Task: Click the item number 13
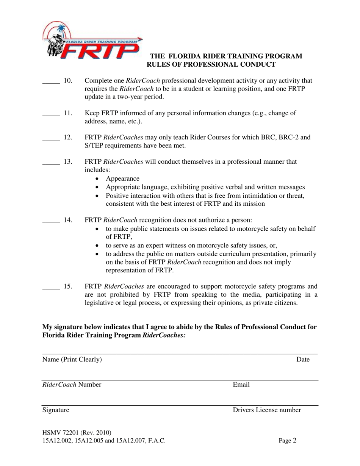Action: pyautogui.click(x=68, y=161)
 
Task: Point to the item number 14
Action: pyautogui.click(x=68, y=220)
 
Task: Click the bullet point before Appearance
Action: pyautogui.click(x=98, y=179)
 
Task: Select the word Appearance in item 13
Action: pyautogui.click(x=122, y=178)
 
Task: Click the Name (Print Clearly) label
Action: pyautogui.click(x=72, y=360)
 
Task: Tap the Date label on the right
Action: pyautogui.click(x=303, y=360)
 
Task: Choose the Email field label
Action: pyautogui.click(x=241, y=385)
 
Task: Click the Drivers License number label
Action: pyautogui.click(x=267, y=410)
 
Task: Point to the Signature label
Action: pyautogui.click(x=56, y=410)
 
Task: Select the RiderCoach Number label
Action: pyautogui.click(x=72, y=385)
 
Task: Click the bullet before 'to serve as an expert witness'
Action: pyautogui.click(x=98, y=245)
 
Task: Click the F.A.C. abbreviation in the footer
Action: pyautogui.click(x=157, y=441)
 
